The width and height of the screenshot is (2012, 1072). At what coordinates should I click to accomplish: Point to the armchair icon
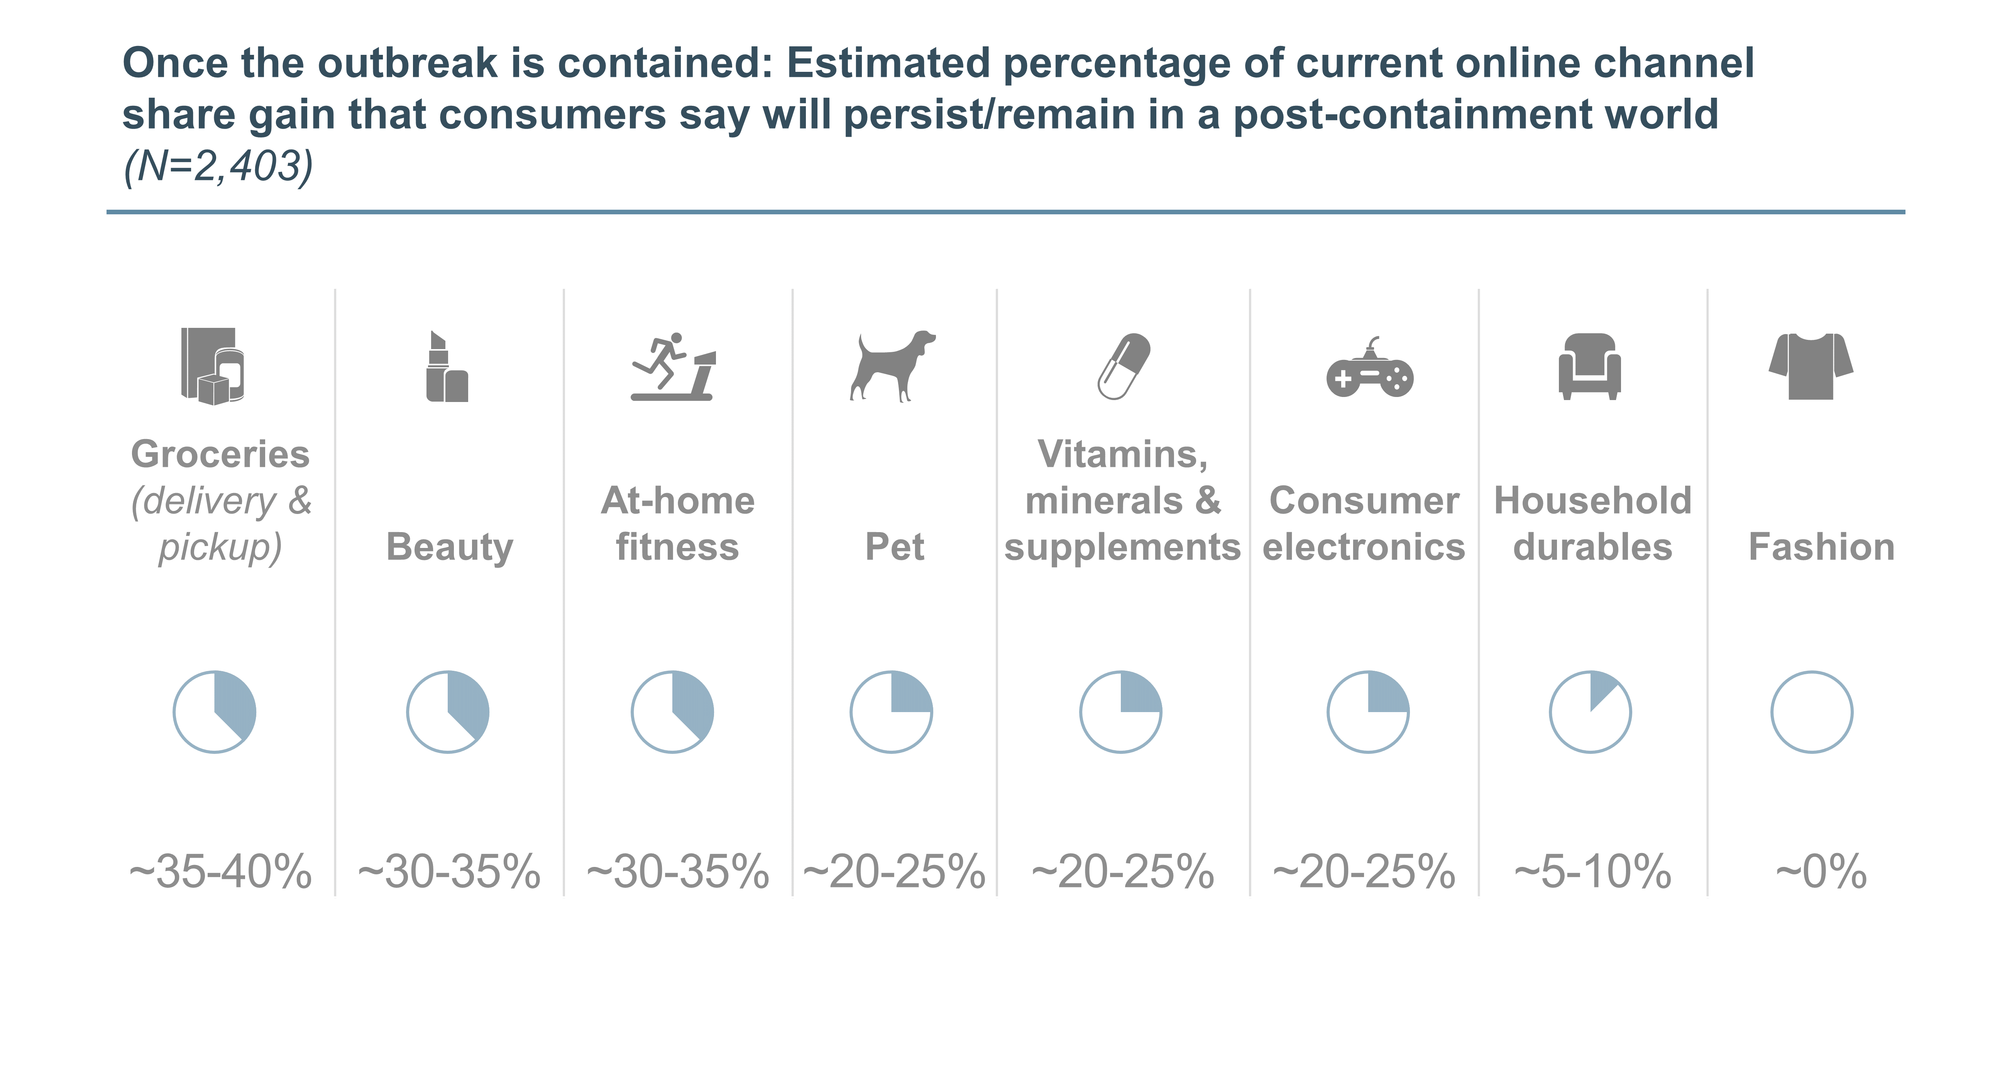point(1589,366)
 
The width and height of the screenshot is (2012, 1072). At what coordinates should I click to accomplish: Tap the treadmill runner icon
point(673,366)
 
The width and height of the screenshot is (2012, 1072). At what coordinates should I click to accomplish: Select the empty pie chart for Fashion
point(1811,712)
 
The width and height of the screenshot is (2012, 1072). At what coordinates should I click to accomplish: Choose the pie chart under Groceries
point(214,712)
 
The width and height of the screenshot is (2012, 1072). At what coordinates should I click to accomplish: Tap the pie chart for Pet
point(891,712)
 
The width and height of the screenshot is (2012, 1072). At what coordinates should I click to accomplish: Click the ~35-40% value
point(220,871)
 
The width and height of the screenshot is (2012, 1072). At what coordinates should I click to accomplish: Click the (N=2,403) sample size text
point(219,166)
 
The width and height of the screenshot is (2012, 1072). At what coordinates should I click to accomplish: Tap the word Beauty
point(450,547)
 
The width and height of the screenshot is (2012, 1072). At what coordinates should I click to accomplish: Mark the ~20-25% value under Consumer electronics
point(1364,871)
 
